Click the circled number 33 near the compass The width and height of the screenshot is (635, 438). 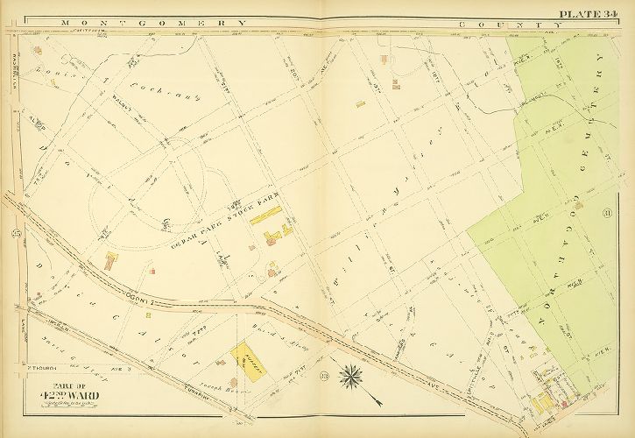tap(324, 377)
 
